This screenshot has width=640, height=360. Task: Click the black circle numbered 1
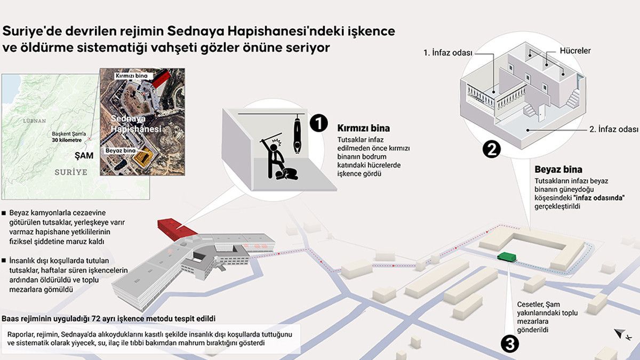click(318, 123)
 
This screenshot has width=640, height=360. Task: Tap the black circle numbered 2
click(491, 149)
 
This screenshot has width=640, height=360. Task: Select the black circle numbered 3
click(510, 344)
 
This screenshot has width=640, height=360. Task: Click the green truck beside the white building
click(507, 257)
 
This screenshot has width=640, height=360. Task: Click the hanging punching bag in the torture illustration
click(298, 134)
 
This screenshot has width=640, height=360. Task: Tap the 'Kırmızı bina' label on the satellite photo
click(131, 76)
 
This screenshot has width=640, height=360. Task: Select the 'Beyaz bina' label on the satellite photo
click(121, 150)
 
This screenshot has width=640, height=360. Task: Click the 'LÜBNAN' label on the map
click(34, 121)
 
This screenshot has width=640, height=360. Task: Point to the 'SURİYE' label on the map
click(71, 172)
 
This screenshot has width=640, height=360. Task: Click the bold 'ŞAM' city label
click(84, 156)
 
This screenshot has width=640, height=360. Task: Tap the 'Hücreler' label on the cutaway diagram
click(575, 51)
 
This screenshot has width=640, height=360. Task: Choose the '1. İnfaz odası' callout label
click(447, 53)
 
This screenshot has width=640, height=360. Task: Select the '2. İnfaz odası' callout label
click(614, 130)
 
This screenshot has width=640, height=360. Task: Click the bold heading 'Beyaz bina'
click(558, 170)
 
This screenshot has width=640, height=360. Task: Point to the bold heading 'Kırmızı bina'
click(363, 129)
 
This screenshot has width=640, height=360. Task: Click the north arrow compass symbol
click(620, 334)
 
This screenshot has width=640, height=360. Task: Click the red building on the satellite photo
click(162, 79)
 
